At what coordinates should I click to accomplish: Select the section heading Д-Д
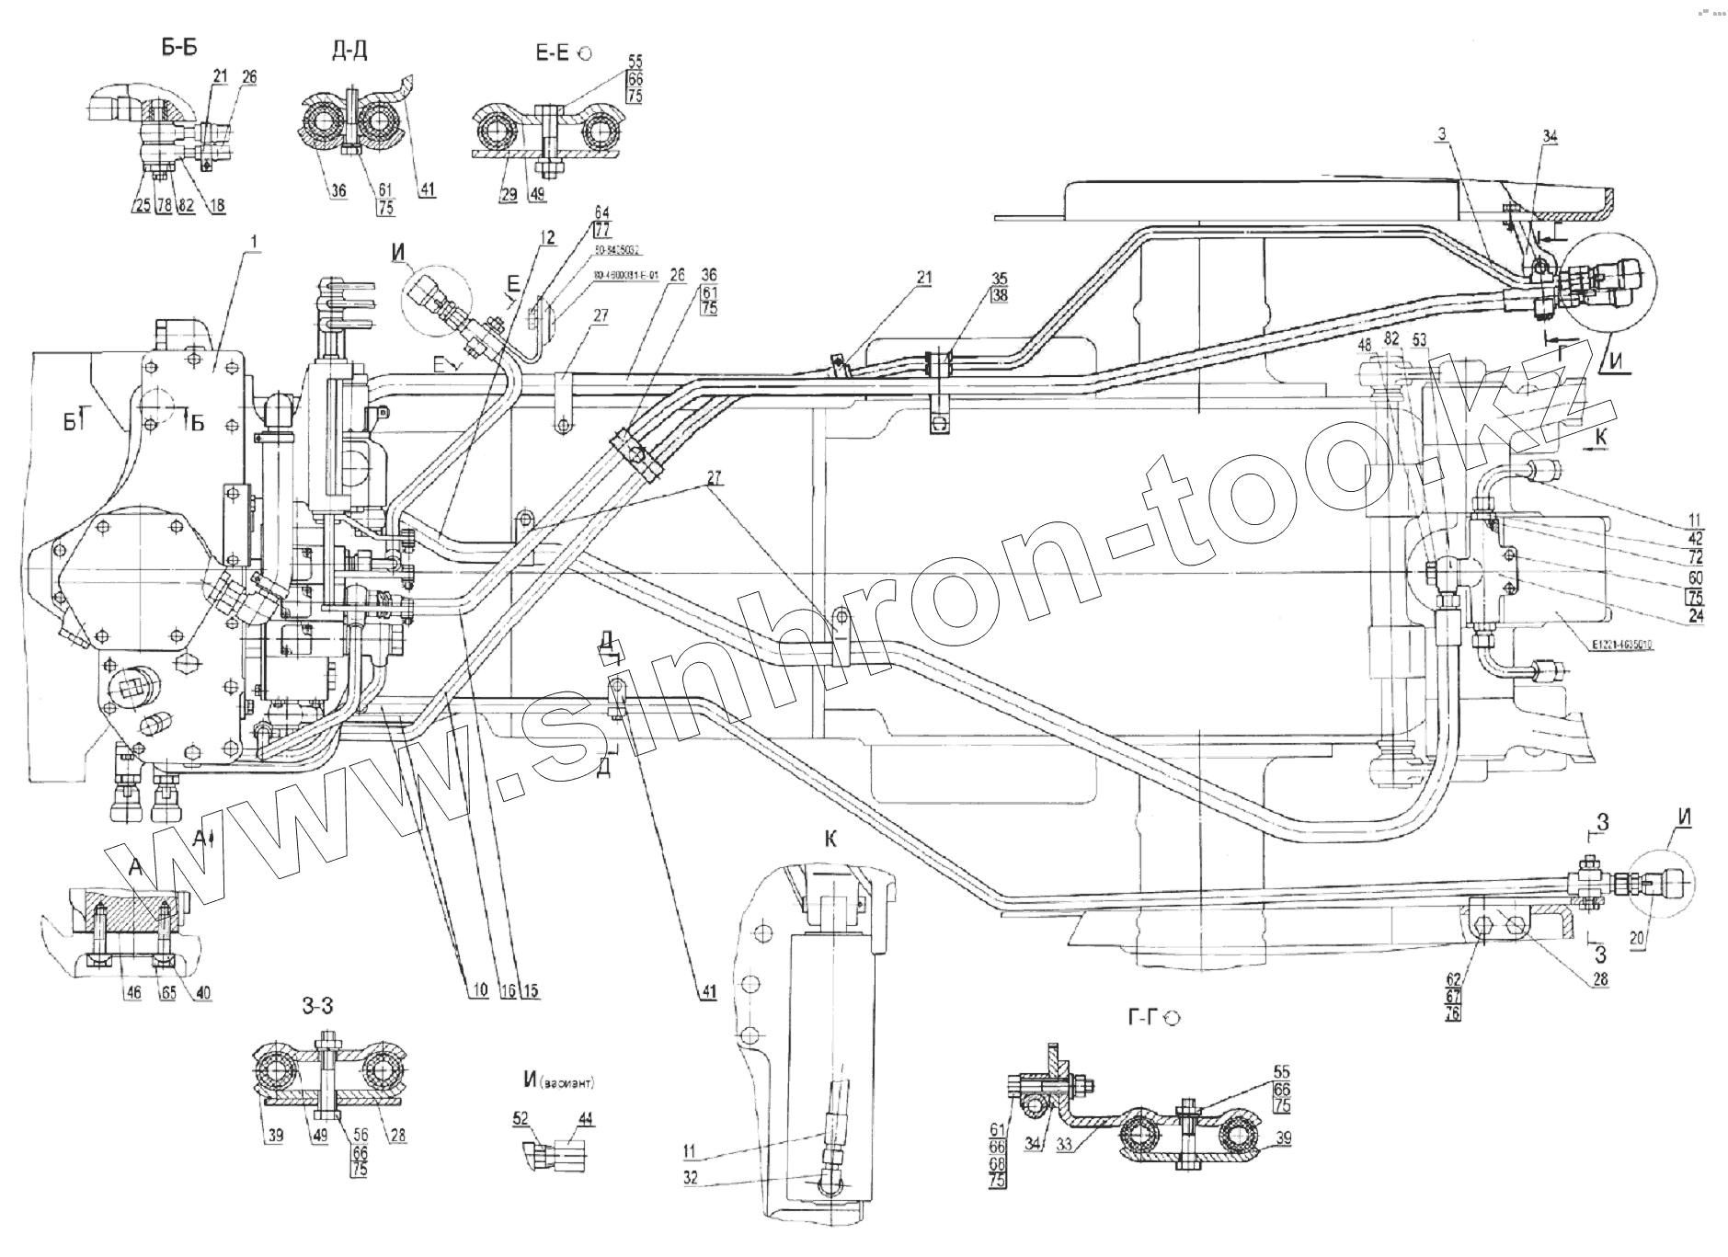click(349, 51)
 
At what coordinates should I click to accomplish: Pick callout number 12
click(548, 237)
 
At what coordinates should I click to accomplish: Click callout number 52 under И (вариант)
click(522, 1114)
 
